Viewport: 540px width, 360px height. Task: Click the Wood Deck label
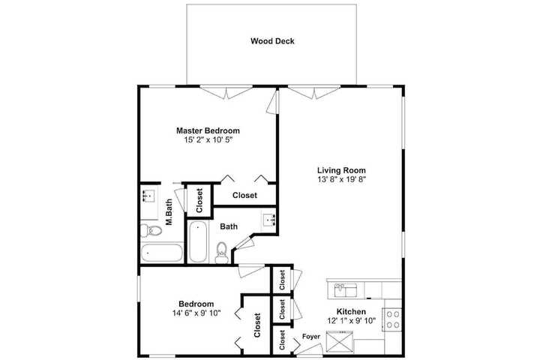point(272,41)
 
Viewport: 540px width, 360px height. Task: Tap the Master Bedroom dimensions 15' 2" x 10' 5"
point(208,139)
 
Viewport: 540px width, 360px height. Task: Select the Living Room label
point(341,170)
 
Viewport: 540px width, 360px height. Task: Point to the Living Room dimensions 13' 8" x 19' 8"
point(341,179)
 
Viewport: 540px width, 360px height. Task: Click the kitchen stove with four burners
point(392,319)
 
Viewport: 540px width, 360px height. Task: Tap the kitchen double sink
point(346,290)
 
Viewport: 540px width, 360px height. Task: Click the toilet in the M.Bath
point(151,230)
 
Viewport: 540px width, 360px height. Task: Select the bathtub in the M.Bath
point(161,253)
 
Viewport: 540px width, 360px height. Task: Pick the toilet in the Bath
point(221,252)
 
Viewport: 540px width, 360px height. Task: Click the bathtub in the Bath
point(198,241)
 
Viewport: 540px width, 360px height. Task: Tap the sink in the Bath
point(268,219)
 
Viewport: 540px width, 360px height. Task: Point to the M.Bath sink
point(149,196)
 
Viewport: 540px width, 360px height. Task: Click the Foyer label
point(311,337)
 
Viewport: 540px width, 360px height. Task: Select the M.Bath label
point(169,212)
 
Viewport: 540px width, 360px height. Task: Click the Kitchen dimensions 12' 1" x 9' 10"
point(351,321)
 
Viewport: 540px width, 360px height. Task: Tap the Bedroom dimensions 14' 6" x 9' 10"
point(196,313)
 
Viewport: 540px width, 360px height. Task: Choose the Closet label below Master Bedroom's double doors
point(244,195)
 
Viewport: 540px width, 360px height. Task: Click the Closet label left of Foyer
point(282,340)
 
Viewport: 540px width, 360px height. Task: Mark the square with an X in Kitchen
point(339,342)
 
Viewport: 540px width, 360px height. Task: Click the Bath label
point(229,226)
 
